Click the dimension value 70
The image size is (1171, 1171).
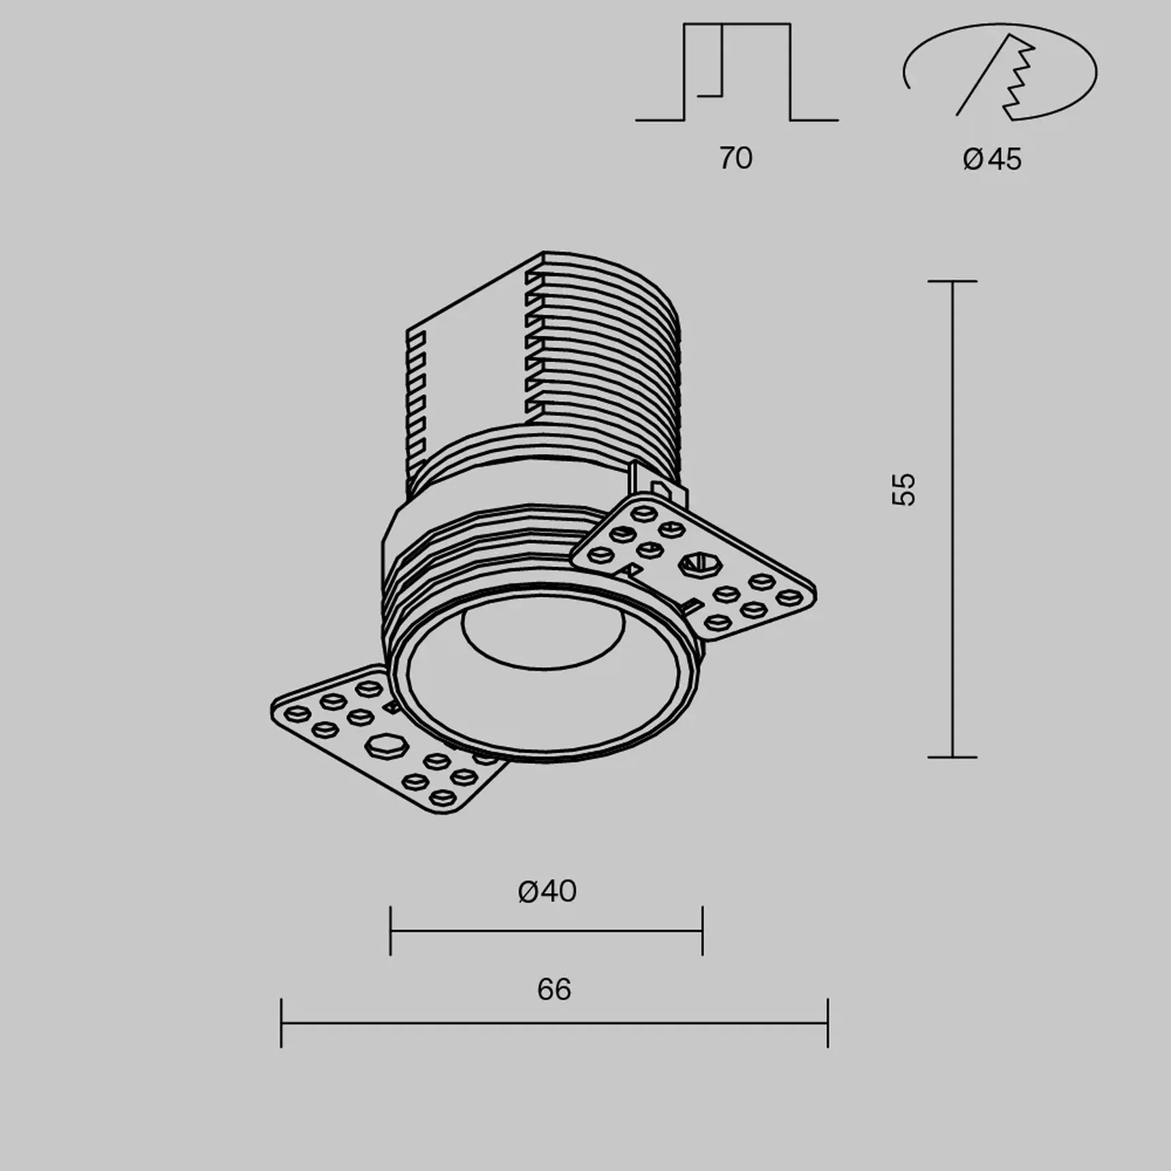(x=735, y=159)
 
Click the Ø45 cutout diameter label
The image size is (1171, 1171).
(x=992, y=159)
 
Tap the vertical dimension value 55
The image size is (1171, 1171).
(x=903, y=489)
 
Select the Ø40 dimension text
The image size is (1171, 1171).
(x=547, y=891)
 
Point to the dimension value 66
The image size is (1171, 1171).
(x=554, y=990)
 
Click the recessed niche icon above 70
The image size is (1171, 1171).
(x=737, y=73)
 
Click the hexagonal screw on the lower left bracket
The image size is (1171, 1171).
(x=386, y=745)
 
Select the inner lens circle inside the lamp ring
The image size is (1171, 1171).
(x=543, y=637)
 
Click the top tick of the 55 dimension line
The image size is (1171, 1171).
(x=952, y=281)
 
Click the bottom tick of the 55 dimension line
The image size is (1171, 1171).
(x=952, y=756)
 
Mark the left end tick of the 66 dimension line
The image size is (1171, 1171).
(x=281, y=1023)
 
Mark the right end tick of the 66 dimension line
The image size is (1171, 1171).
(x=828, y=1023)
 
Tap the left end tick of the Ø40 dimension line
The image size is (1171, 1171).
(x=390, y=931)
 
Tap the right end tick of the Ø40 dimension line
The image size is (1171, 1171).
(x=703, y=931)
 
